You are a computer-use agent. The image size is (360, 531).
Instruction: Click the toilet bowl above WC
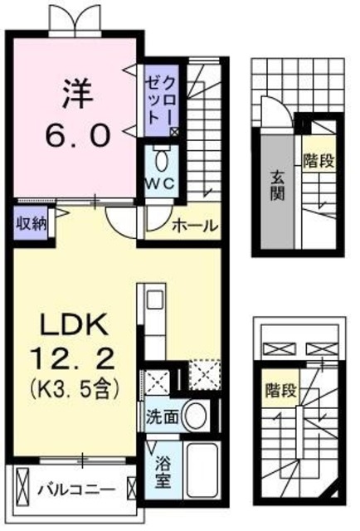pyautogui.click(x=159, y=158)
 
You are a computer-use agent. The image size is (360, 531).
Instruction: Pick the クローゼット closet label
pyautogui.click(x=159, y=100)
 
